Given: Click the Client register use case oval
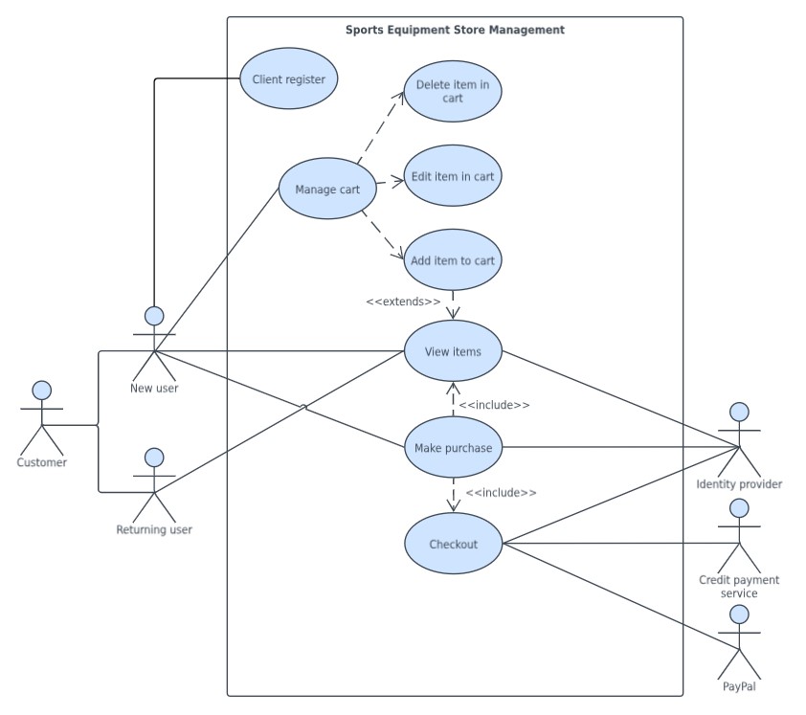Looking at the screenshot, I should tap(288, 79).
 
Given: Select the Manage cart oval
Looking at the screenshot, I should tap(327, 189).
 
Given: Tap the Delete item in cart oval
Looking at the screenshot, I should tap(452, 91).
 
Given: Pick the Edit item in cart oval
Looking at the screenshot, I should tap(452, 176).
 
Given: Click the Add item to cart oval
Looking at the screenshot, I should tap(452, 260).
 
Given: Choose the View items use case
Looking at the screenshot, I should tap(453, 351).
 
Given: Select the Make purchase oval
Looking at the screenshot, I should tap(453, 448).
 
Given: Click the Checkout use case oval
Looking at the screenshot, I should tap(453, 544).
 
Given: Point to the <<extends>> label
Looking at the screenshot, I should tap(403, 302).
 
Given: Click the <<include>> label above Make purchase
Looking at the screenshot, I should tap(494, 405).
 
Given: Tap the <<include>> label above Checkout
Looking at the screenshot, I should tap(501, 492).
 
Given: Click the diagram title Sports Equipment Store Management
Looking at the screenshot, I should tap(455, 30).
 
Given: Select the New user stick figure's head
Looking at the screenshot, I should tap(154, 316).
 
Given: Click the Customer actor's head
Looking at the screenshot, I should tap(41, 391).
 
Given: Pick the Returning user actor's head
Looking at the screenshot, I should tap(154, 458).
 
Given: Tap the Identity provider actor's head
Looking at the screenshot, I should tap(739, 413).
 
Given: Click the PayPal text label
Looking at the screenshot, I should tap(739, 686).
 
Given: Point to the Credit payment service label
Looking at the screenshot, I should tap(739, 587).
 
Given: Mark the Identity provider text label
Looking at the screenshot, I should tap(739, 484).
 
